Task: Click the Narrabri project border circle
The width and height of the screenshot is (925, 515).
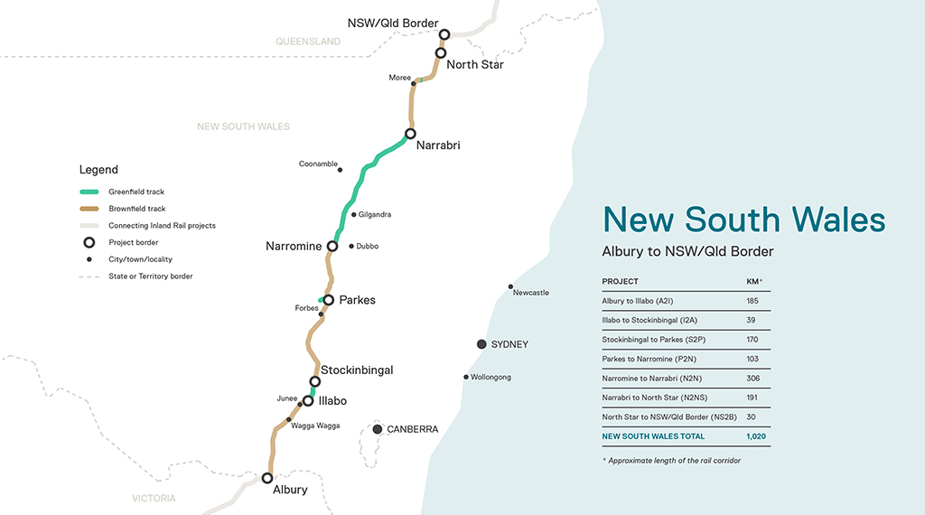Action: click(410, 134)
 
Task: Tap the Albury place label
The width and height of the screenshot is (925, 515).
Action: click(290, 490)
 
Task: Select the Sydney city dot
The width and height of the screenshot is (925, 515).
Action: click(481, 344)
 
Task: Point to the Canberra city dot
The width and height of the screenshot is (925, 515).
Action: click(378, 429)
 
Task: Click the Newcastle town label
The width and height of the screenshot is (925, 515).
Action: click(530, 293)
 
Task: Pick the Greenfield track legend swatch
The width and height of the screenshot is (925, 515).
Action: click(89, 192)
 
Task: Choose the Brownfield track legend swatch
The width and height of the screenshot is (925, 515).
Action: click(89, 209)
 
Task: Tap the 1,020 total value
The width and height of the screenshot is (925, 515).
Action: click(756, 436)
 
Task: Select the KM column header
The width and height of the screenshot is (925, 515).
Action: click(752, 281)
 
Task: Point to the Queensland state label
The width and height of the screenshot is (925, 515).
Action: click(308, 42)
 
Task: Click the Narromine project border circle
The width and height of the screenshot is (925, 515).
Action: click(332, 246)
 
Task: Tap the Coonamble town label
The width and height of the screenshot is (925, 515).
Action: click(318, 164)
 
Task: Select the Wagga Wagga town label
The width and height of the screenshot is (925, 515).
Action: click(315, 426)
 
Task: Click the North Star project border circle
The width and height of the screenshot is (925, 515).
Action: click(441, 52)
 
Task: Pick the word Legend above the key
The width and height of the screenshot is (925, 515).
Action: click(98, 170)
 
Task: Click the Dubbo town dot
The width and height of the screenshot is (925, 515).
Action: click(351, 245)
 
